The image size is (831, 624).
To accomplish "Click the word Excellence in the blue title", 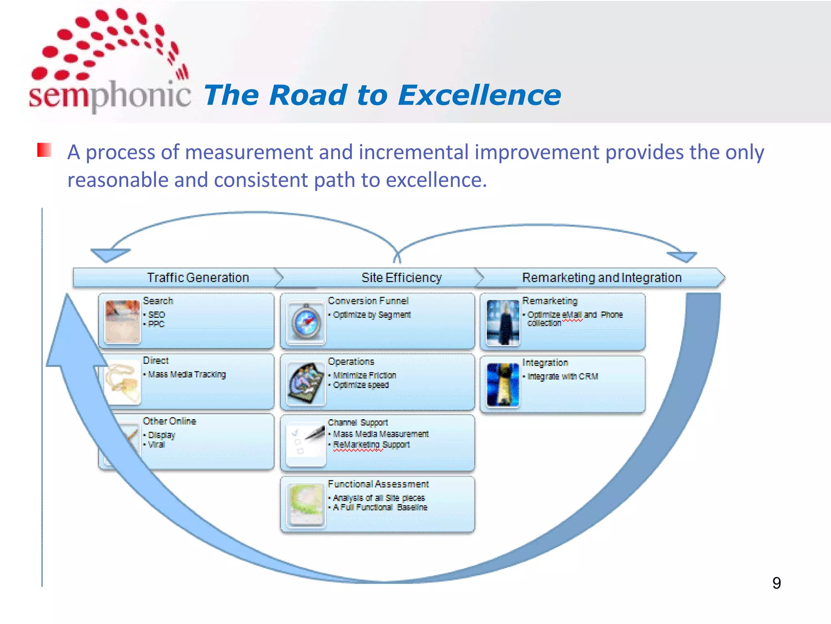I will click(x=480, y=96).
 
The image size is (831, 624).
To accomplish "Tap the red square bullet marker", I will click(x=44, y=150).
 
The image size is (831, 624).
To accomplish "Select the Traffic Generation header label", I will click(x=198, y=278).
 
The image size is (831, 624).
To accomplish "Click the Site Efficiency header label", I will click(x=401, y=278).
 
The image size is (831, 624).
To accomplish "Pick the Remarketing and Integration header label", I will click(x=601, y=278).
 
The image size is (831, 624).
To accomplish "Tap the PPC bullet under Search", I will click(x=156, y=324).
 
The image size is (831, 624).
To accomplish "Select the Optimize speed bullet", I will click(x=361, y=385).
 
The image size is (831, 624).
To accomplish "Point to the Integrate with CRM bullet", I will click(x=562, y=377).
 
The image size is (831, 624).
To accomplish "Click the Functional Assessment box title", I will click(x=378, y=484).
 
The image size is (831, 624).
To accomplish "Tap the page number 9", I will click(x=776, y=583).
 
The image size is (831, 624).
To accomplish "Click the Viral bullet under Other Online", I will click(x=156, y=445).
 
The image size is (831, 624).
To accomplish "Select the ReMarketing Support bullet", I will click(x=371, y=445).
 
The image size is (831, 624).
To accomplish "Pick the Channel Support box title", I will click(x=358, y=422).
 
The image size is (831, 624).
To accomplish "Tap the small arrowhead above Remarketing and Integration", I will click(x=682, y=257).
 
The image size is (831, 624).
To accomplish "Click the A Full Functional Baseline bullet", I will click(x=380, y=507).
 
